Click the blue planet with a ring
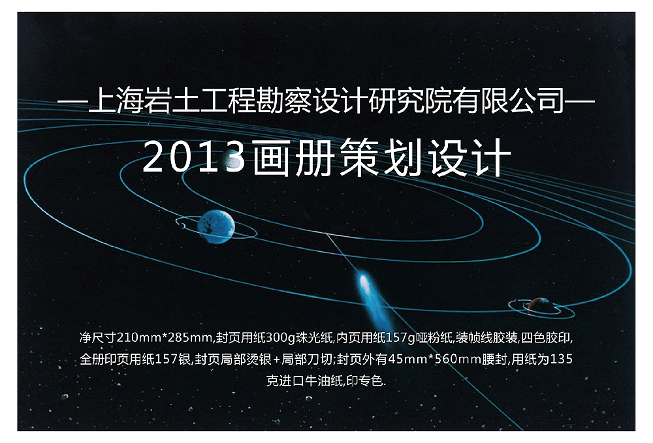pyautogui.click(x=215, y=226)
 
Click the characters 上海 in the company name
pyautogui.click(x=112, y=102)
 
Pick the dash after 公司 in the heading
pyautogui.click(x=581, y=102)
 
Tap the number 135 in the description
pyautogui.click(x=563, y=359)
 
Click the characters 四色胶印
pyautogui.click(x=549, y=338)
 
